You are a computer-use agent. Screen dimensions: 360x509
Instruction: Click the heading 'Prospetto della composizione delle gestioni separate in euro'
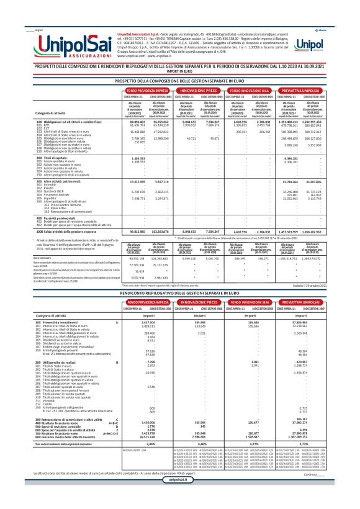click(179, 81)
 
